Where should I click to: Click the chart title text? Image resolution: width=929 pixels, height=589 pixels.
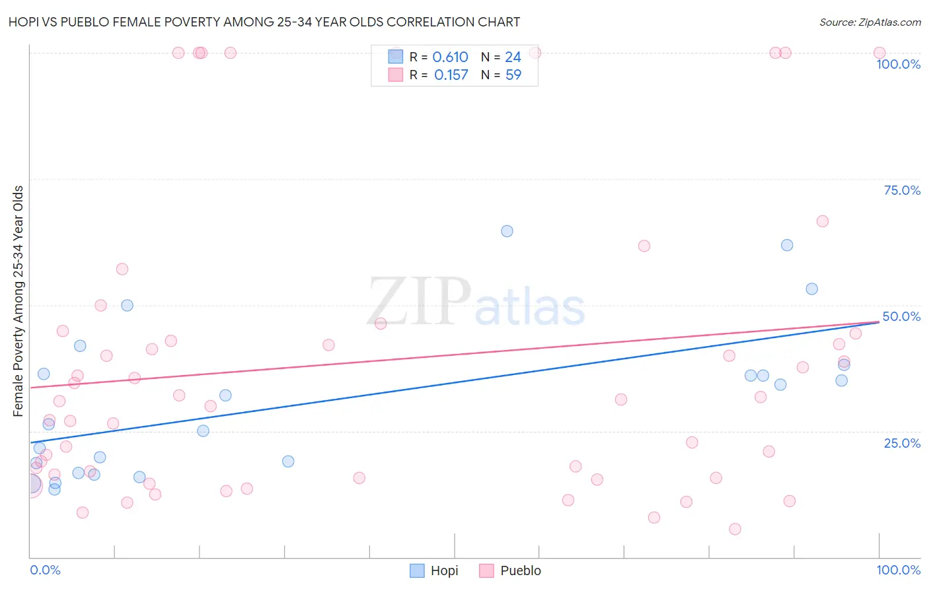coord(264,22)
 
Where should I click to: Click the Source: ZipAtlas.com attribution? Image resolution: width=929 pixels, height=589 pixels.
coord(870,22)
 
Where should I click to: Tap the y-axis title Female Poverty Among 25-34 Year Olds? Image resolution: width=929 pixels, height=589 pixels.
coord(19,301)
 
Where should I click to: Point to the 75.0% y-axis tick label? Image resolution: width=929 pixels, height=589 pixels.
coord(902,190)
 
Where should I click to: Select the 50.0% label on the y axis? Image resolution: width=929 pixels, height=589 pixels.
coord(901,316)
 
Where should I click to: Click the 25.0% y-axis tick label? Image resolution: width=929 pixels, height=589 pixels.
coord(902,443)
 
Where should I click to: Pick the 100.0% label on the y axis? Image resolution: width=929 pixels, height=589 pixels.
coord(898,64)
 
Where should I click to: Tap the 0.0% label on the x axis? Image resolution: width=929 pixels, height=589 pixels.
coord(45,570)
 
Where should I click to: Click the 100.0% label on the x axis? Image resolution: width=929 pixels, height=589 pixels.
coord(898,570)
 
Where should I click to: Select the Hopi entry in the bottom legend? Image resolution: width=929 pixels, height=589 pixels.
coord(434,571)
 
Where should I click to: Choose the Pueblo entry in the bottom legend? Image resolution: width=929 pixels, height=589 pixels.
coord(511,571)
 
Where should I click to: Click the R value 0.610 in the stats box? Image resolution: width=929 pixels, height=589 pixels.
coord(450,57)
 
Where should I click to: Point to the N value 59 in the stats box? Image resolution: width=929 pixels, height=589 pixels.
coord(513,75)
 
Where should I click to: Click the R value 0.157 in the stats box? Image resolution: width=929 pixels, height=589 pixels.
coord(451,75)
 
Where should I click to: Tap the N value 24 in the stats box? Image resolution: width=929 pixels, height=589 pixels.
coord(513,57)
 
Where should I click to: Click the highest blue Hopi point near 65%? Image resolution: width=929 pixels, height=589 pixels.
coord(507,231)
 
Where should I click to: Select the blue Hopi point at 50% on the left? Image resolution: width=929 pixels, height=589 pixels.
coord(127,305)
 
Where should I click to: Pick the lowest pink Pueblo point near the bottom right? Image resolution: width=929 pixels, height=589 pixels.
coord(735,529)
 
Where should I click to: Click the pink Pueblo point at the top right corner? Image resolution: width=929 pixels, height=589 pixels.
coord(879,53)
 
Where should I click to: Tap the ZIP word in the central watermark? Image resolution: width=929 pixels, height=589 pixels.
coord(419,302)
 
